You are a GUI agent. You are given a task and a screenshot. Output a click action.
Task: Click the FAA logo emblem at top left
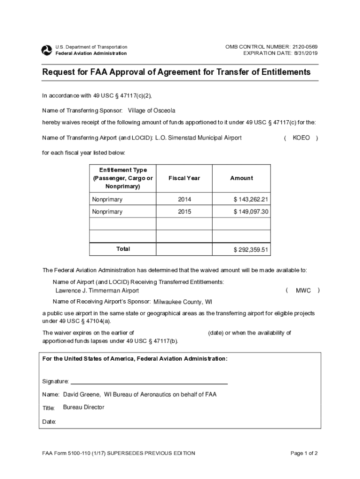[47, 51]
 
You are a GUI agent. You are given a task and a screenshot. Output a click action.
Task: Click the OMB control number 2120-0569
[305, 47]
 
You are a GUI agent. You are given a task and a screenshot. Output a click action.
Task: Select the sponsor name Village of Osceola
[151, 111]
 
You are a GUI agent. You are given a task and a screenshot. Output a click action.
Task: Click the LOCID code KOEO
[301, 138]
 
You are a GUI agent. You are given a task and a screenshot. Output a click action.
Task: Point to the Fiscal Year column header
[184, 178]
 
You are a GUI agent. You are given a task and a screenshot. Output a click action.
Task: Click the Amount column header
[241, 178]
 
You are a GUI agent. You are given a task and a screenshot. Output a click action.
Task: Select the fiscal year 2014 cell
[184, 200]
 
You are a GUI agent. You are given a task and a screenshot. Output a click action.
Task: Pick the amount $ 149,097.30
[251, 212]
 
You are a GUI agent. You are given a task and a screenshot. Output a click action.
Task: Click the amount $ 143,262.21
[251, 200]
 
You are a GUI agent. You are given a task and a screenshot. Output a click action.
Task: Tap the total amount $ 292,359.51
[251, 250]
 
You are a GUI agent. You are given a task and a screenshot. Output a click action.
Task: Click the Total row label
[123, 249]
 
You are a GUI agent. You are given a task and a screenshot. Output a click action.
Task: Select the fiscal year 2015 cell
[184, 212]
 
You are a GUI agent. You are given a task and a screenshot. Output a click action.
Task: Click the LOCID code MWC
[303, 290]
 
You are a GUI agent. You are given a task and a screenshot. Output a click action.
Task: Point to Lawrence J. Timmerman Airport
[97, 290]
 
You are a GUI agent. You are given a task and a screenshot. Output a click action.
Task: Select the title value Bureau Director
[84, 407]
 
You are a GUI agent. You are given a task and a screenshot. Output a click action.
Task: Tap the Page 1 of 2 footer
[304, 453]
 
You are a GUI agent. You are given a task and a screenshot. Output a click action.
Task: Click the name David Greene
[81, 395]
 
